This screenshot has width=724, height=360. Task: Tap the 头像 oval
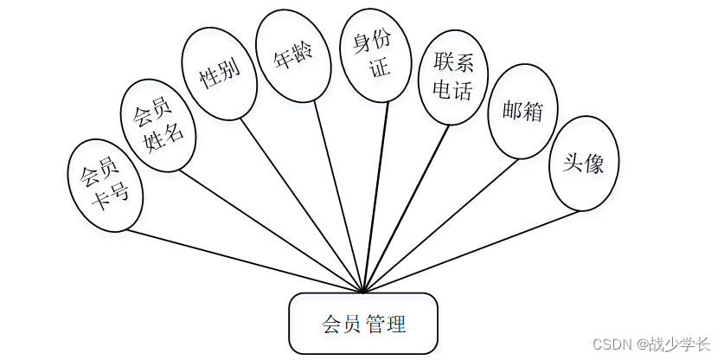584,164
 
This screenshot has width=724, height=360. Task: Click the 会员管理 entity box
363,324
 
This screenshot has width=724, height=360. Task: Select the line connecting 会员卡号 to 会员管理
242,260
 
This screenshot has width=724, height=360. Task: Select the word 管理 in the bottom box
386,325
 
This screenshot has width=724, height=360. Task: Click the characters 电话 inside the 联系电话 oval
452,89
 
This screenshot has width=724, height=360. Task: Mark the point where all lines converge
363,292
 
